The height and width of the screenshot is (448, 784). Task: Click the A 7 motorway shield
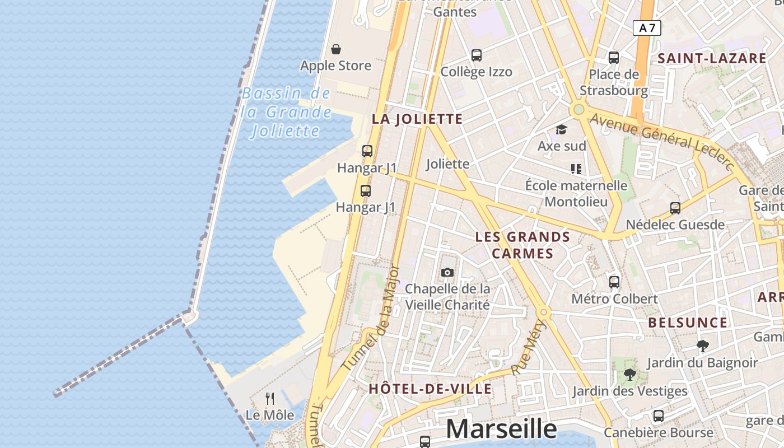pyautogui.click(x=647, y=28)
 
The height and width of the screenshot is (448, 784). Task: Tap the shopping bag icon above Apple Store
pyautogui.click(x=336, y=50)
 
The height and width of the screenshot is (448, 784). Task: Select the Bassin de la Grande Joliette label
pyautogui.click(x=287, y=112)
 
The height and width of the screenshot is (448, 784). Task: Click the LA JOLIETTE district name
pyautogui.click(x=418, y=119)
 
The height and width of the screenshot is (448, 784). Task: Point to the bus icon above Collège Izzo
pyautogui.click(x=477, y=55)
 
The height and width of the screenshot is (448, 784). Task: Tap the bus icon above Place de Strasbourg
pyautogui.click(x=614, y=57)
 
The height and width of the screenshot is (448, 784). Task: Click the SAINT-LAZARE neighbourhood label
pyautogui.click(x=712, y=58)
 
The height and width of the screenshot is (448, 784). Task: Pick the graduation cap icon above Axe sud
pyautogui.click(x=562, y=130)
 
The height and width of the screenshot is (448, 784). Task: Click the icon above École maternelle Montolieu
pyautogui.click(x=576, y=169)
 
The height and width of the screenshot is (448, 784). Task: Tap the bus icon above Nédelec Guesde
pyautogui.click(x=675, y=208)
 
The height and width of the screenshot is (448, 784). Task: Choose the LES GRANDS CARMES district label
pyautogui.click(x=522, y=245)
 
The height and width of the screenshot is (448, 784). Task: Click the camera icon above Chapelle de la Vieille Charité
pyautogui.click(x=447, y=273)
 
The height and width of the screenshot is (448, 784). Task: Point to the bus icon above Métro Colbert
pyautogui.click(x=614, y=282)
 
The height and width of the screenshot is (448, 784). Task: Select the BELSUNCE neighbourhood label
pyautogui.click(x=688, y=323)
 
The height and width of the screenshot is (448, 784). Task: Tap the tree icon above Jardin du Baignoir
pyautogui.click(x=703, y=346)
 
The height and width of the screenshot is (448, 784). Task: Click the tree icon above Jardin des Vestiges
pyautogui.click(x=630, y=375)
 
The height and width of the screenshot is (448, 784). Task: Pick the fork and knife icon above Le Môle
pyautogui.click(x=270, y=398)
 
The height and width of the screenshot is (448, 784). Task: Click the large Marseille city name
pyautogui.click(x=501, y=429)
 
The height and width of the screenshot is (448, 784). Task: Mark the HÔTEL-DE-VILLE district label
pyautogui.click(x=430, y=389)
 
